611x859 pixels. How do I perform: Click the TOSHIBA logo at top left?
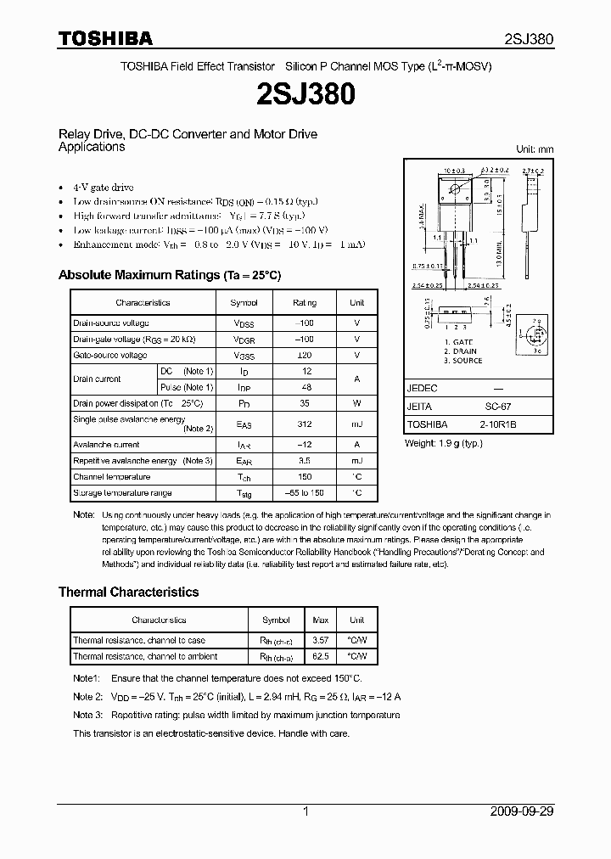point(104,38)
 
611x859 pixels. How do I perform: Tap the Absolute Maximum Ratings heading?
point(169,276)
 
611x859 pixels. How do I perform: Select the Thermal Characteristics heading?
point(128,592)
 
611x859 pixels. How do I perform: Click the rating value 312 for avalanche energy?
point(305,424)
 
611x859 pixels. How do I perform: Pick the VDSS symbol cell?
point(244,323)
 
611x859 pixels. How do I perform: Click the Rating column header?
point(305,302)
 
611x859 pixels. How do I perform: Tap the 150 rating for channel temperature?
point(305,477)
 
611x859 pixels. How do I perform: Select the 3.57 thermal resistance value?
point(322,640)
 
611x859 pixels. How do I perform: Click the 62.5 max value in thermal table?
point(322,656)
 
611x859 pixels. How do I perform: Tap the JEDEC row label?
point(422,388)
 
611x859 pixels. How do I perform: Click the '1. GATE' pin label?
point(458,341)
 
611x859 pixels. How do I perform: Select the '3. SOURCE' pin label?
point(462,361)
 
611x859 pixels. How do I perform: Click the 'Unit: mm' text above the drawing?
point(535,149)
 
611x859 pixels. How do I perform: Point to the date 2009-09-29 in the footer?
point(522,811)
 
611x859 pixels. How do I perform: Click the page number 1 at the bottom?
point(305,811)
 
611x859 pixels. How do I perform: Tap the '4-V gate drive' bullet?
point(104,187)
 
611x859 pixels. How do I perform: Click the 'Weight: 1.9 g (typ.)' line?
point(446,443)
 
